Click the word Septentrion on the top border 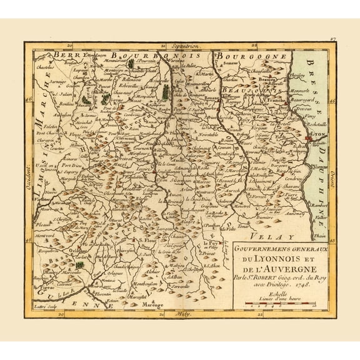click(x=180, y=46)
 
